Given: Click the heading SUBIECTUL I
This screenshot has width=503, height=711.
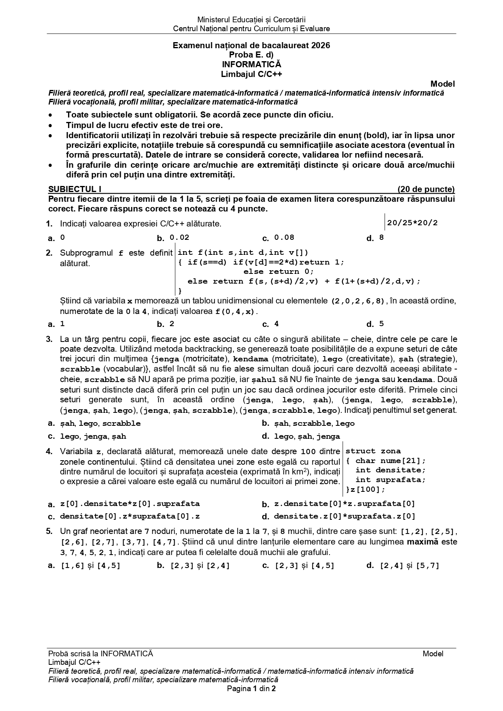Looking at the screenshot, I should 75,189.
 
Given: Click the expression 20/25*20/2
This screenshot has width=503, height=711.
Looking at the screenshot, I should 412,223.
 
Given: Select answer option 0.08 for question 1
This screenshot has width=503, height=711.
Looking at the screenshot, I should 284,238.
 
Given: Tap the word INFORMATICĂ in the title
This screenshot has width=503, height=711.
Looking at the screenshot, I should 251,64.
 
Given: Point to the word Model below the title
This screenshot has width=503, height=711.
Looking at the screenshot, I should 443,84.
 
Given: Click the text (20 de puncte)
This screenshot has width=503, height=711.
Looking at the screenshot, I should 426,189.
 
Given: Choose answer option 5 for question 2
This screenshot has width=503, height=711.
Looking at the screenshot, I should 381,324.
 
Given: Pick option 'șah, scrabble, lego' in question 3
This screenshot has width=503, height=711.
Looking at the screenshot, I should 314,423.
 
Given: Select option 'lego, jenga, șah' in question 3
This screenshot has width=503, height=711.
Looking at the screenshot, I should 93,436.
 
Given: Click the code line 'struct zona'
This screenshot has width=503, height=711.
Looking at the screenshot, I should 373,451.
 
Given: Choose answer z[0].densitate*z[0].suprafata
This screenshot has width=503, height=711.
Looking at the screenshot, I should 130,504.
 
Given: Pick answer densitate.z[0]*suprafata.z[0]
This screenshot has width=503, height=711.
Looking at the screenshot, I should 345,516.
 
